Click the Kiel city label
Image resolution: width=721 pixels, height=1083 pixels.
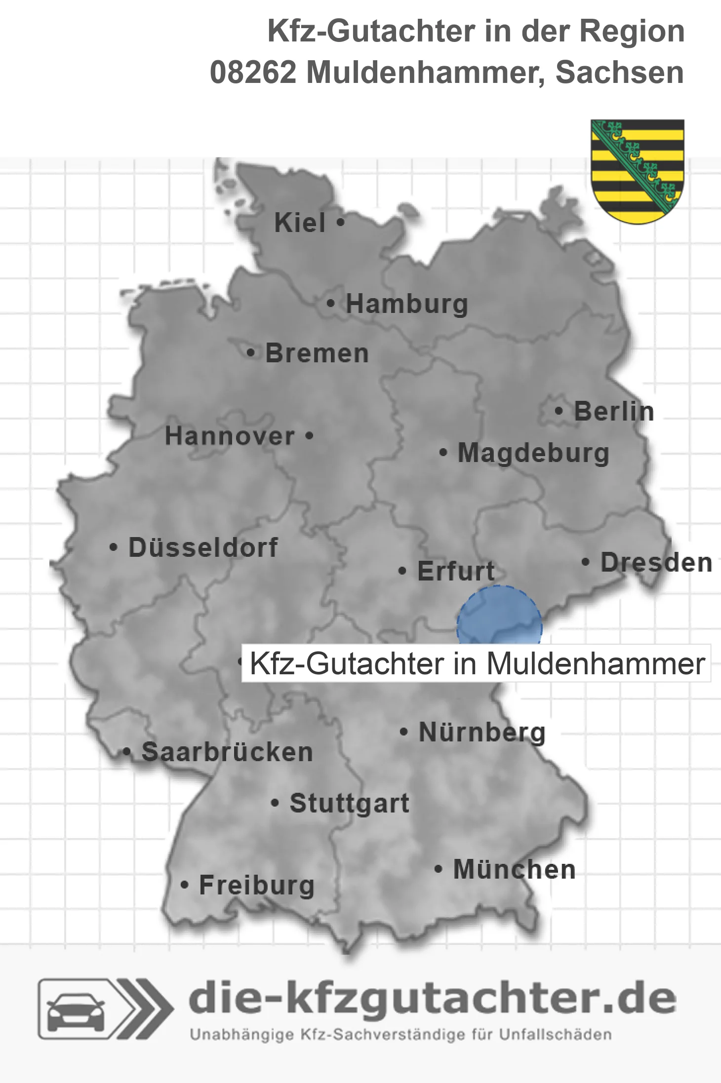tap(300, 223)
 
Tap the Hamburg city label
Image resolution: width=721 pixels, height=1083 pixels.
tap(406, 304)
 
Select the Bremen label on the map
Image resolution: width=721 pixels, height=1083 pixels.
tap(317, 353)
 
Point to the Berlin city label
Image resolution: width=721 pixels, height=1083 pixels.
tap(614, 411)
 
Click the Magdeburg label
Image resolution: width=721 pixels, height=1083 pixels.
tap(533, 453)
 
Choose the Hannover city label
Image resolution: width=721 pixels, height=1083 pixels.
tap(230, 436)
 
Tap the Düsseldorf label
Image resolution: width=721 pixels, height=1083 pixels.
tap(203, 547)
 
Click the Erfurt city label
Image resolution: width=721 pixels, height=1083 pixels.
tap(456, 571)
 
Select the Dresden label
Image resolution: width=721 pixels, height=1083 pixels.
tap(656, 562)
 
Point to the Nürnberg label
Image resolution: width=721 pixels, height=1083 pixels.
tap(482, 732)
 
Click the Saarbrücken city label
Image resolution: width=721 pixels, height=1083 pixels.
tap(227, 752)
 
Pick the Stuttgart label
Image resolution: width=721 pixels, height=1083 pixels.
tap(349, 803)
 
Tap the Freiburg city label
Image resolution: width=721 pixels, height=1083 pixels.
tap(257, 885)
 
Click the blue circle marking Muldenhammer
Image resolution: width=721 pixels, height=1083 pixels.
tap(499, 617)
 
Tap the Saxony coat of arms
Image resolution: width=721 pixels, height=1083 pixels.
tap(638, 171)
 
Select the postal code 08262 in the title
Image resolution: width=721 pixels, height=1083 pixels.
tap(253, 73)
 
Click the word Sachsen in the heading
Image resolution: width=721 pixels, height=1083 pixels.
tap(619, 73)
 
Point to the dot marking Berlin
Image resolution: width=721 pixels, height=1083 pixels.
tap(559, 411)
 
